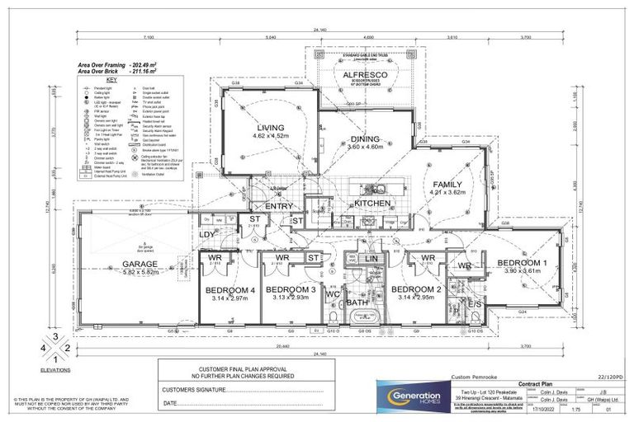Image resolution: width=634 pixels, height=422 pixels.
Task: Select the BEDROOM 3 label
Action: point(291,289)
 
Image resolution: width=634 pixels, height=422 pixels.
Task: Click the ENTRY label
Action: point(279,206)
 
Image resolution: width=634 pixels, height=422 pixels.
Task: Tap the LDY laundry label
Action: point(207,235)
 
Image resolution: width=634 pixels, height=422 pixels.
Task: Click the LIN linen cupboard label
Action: point(372,259)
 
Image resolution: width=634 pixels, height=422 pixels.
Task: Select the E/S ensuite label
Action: point(475,304)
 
